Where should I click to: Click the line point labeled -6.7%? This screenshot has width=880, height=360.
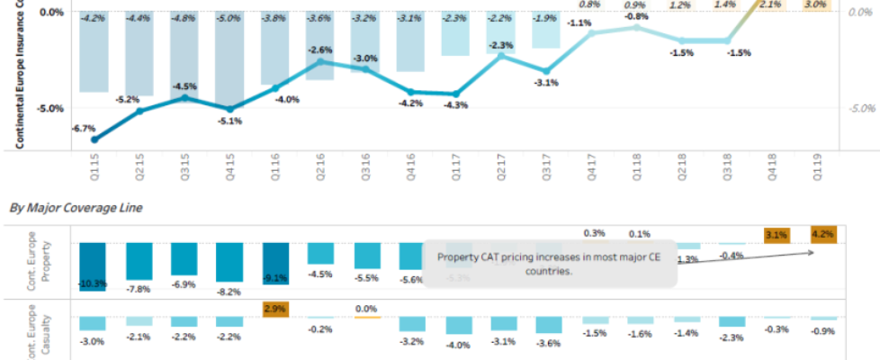point(94,139)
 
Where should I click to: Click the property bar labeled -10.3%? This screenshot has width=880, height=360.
point(93,265)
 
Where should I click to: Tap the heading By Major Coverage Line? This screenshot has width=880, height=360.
point(76,208)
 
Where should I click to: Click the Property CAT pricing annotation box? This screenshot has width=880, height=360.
point(549,264)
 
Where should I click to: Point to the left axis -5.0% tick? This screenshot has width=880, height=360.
point(50,108)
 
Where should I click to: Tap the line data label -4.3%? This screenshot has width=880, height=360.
point(456,105)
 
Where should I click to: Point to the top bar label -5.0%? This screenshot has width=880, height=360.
point(231,17)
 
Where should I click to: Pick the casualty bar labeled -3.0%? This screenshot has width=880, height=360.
point(93,322)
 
